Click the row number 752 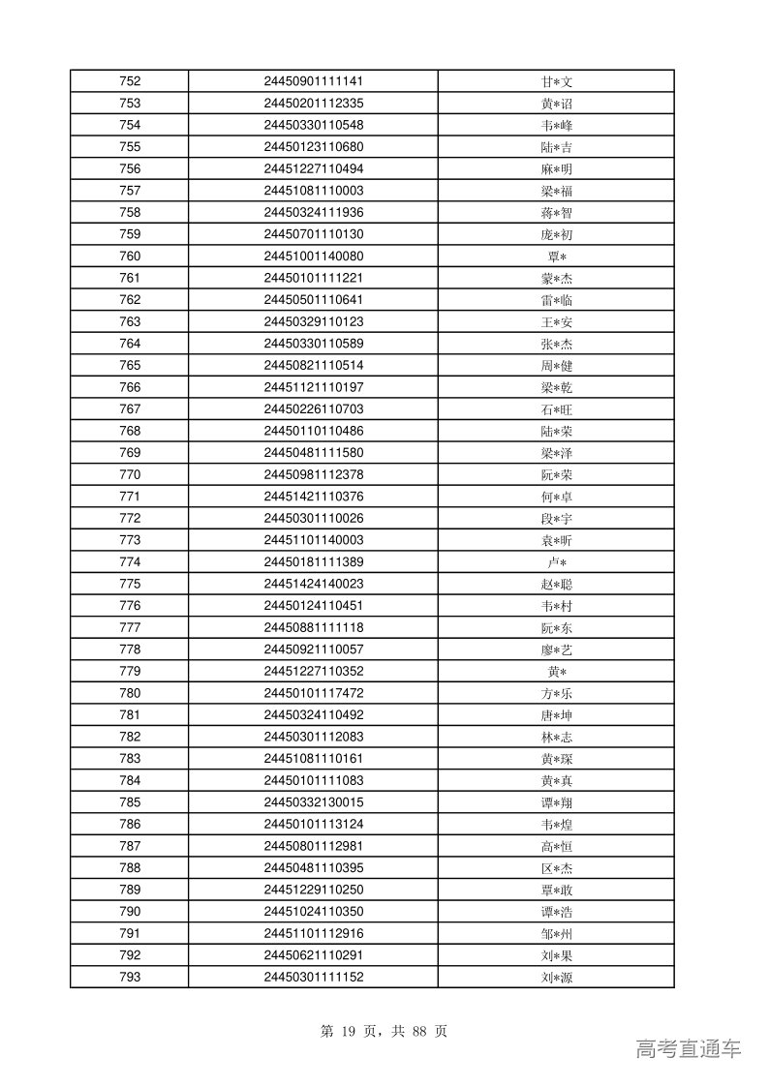[x=129, y=81]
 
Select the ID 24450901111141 [x=313, y=81]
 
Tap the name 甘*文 [x=556, y=82]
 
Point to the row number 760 [x=129, y=257]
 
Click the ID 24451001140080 [x=313, y=257]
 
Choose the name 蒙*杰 [x=556, y=278]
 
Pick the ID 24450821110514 [x=313, y=365]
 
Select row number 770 [x=129, y=474]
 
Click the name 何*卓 [x=556, y=497]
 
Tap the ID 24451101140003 [x=313, y=540]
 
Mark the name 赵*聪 [x=556, y=584]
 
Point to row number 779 [x=129, y=671]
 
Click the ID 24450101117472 [x=313, y=693]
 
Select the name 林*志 [x=556, y=737]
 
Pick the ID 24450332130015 [x=313, y=802]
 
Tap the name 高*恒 [x=556, y=846]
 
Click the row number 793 [x=129, y=977]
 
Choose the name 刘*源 [x=556, y=978]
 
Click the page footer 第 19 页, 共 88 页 [x=383, y=1031]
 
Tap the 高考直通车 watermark [x=688, y=1048]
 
